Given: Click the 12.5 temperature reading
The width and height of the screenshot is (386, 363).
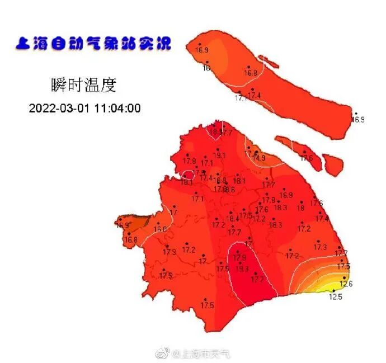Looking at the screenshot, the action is [335, 297].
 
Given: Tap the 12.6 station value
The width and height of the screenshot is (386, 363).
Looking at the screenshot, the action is [346, 284].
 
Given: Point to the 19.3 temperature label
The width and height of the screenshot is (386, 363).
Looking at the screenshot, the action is [242, 269].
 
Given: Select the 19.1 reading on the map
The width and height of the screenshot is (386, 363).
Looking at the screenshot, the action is [219, 155].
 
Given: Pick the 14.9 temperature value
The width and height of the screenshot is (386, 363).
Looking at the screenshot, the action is [258, 158].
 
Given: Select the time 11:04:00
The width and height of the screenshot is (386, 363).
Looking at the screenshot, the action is [116, 108].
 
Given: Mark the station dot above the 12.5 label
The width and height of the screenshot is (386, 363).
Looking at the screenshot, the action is [333, 291].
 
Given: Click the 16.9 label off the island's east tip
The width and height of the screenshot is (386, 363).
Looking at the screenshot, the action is [358, 120].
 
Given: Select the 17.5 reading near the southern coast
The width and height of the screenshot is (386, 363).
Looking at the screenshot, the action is [208, 305].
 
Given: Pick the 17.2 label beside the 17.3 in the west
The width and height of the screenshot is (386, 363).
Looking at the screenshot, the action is [189, 250].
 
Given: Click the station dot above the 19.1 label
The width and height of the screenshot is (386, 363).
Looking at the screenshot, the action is [218, 149].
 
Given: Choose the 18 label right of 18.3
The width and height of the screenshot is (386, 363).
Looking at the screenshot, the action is [300, 208].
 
